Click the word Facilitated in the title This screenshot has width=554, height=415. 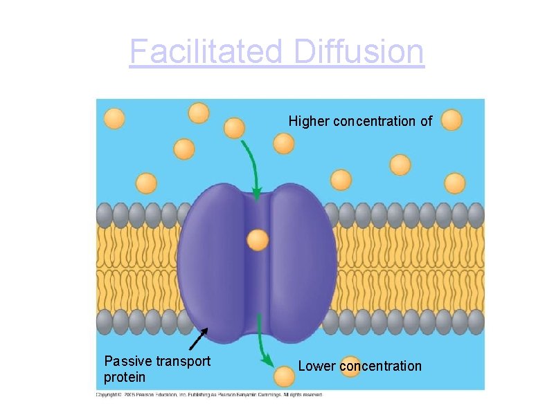206,52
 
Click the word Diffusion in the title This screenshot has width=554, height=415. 358,52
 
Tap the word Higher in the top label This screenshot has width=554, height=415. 309,122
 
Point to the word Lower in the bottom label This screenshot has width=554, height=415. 316,366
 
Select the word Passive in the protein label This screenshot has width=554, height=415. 127,361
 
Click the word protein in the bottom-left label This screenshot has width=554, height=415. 125,377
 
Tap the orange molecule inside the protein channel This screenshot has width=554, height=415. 258,240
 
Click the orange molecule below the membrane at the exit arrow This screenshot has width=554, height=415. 283,376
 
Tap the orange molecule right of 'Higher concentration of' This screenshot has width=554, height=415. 451,120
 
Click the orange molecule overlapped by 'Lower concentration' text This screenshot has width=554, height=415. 352,366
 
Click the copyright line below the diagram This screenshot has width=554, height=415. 208,395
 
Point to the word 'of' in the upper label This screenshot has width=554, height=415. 426,122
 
